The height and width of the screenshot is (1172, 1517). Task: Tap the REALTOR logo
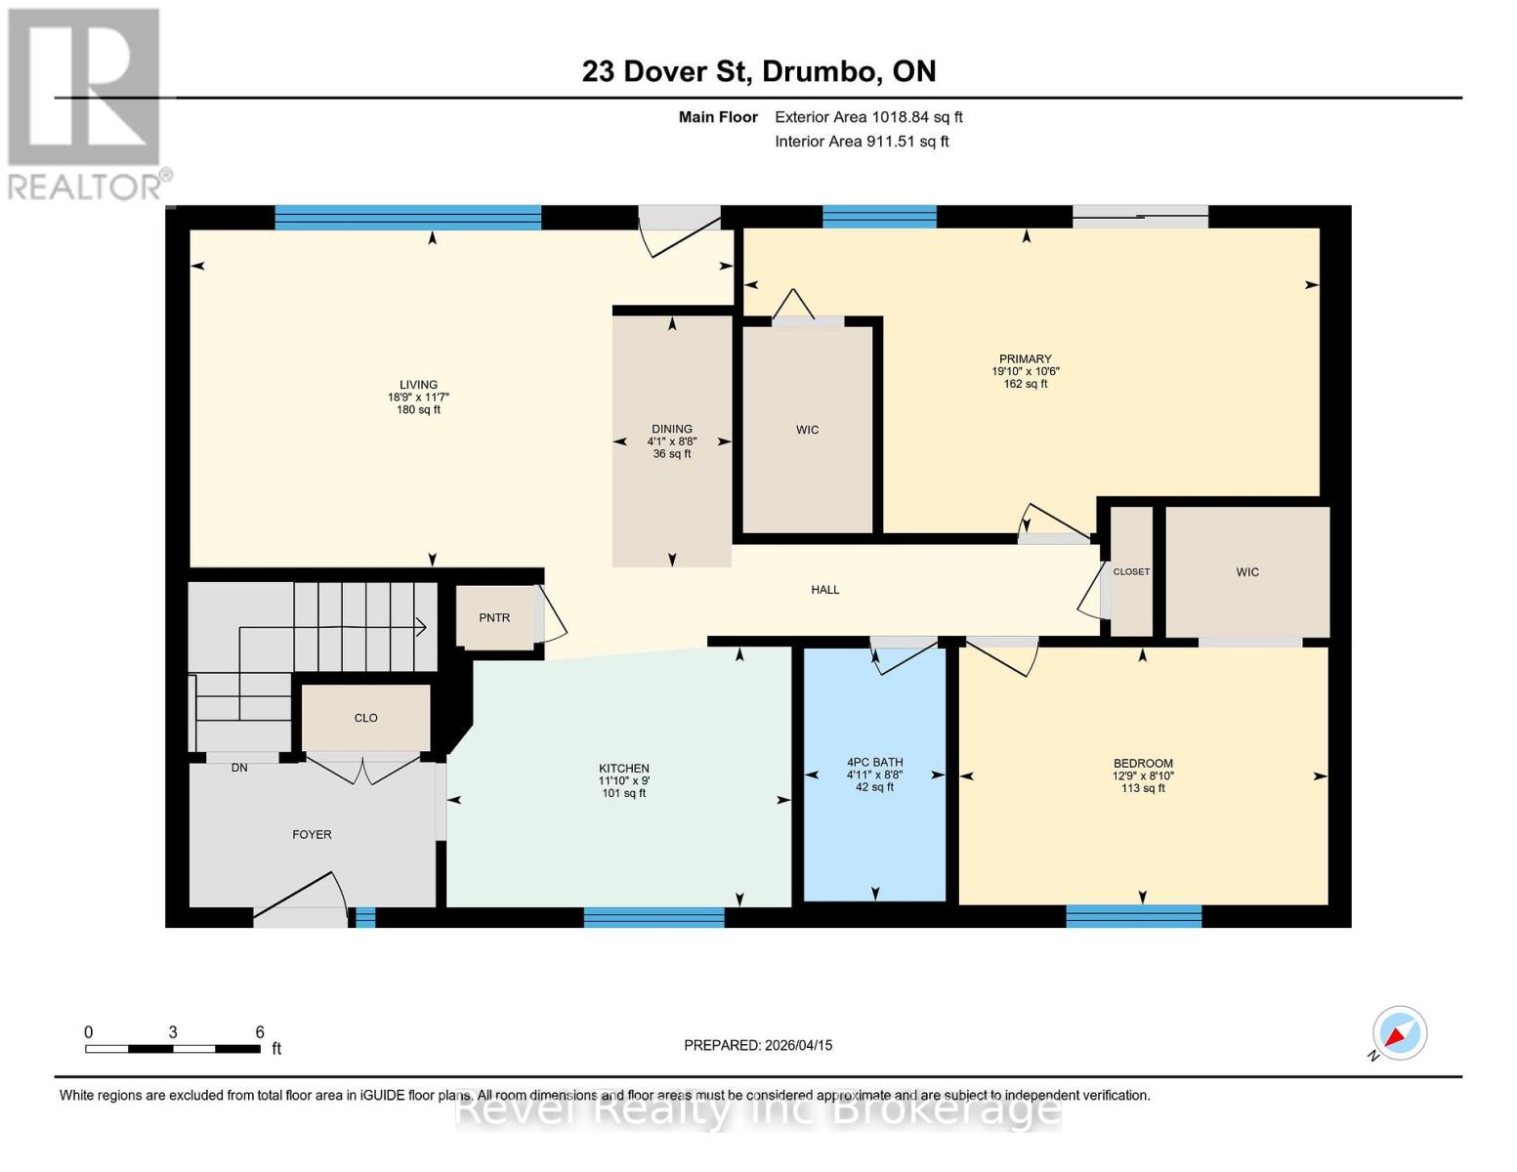coord(85,103)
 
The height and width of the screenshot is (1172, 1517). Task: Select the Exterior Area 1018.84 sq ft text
coord(868,117)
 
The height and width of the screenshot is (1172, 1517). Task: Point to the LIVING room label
coord(418,385)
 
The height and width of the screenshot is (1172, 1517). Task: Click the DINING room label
coord(672,429)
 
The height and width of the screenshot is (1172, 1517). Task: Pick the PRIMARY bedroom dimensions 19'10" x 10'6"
coord(1026,371)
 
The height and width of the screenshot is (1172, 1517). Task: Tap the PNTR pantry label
coord(494,618)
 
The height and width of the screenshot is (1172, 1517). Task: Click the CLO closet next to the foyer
coord(365,718)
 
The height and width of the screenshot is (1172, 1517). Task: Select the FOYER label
coord(312,835)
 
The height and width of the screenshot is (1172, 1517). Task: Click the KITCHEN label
coord(624,769)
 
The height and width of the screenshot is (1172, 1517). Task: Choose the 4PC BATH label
coord(874,763)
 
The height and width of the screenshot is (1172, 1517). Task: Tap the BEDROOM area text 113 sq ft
coord(1143,788)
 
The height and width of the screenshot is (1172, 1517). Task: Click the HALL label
coord(825,590)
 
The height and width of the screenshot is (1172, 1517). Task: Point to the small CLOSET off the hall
coord(1131,572)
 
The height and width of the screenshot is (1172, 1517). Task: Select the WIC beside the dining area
coord(807,430)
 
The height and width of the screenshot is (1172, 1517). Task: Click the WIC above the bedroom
coord(1247,572)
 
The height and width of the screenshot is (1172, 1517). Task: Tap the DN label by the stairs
coord(239,768)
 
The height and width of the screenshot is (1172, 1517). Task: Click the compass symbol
coord(1399,1033)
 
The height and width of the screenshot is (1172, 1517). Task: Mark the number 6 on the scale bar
coord(260,1032)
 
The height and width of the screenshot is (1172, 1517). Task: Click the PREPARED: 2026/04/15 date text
coord(758,1045)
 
